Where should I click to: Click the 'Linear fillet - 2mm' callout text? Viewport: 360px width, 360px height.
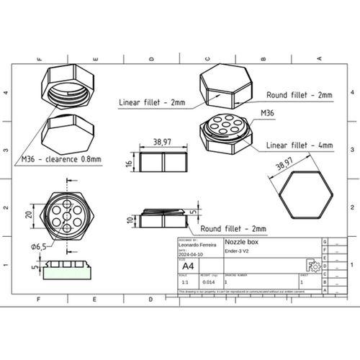[x=151, y=103]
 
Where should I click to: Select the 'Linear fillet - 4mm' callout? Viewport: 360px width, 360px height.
[x=299, y=145]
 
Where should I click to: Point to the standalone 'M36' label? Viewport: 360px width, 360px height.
[x=267, y=113]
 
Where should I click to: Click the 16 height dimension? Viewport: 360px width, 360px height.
[x=128, y=163]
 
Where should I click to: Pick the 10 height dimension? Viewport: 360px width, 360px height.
[x=128, y=220]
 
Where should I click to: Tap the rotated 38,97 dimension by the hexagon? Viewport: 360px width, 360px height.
[x=284, y=166]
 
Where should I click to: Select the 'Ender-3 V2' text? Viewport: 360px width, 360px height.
[x=237, y=251]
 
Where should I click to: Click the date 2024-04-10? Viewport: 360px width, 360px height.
[x=190, y=255]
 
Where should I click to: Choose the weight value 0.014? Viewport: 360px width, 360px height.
[x=209, y=283]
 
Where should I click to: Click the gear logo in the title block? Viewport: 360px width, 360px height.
[x=312, y=265]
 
